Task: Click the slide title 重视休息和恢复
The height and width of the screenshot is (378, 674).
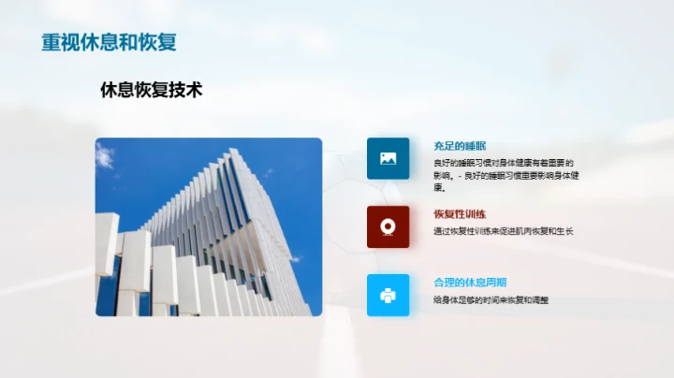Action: pyautogui.click(x=109, y=43)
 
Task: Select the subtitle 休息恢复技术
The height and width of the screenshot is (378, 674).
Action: pyautogui.click(x=151, y=90)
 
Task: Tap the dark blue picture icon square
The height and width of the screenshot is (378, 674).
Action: pyautogui.click(x=388, y=158)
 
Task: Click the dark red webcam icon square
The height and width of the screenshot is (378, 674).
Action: pyautogui.click(x=388, y=226)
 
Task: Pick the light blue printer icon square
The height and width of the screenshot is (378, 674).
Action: pyautogui.click(x=388, y=295)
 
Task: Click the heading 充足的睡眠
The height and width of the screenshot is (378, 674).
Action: pyautogui.click(x=460, y=146)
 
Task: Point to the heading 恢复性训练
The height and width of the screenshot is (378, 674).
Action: pyautogui.click(x=460, y=214)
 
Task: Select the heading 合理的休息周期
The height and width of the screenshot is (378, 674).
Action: pyautogui.click(x=470, y=283)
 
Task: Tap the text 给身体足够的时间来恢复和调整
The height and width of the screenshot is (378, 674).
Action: pyautogui.click(x=491, y=299)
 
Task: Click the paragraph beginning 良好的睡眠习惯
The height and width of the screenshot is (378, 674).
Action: pyautogui.click(x=504, y=175)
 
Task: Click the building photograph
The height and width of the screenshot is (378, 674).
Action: pyautogui.click(x=208, y=227)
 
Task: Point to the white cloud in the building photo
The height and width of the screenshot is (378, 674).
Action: pyautogui.click(x=106, y=156)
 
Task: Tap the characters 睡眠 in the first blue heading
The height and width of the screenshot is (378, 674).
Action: pyautogui.click(x=476, y=146)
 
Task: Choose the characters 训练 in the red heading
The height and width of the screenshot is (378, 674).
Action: pyautogui.click(x=476, y=214)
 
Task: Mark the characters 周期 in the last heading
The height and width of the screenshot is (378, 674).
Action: pyautogui.click(x=496, y=283)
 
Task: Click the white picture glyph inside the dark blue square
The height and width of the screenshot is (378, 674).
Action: pyautogui.click(x=388, y=158)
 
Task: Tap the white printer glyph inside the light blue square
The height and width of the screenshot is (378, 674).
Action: pyautogui.click(x=388, y=295)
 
